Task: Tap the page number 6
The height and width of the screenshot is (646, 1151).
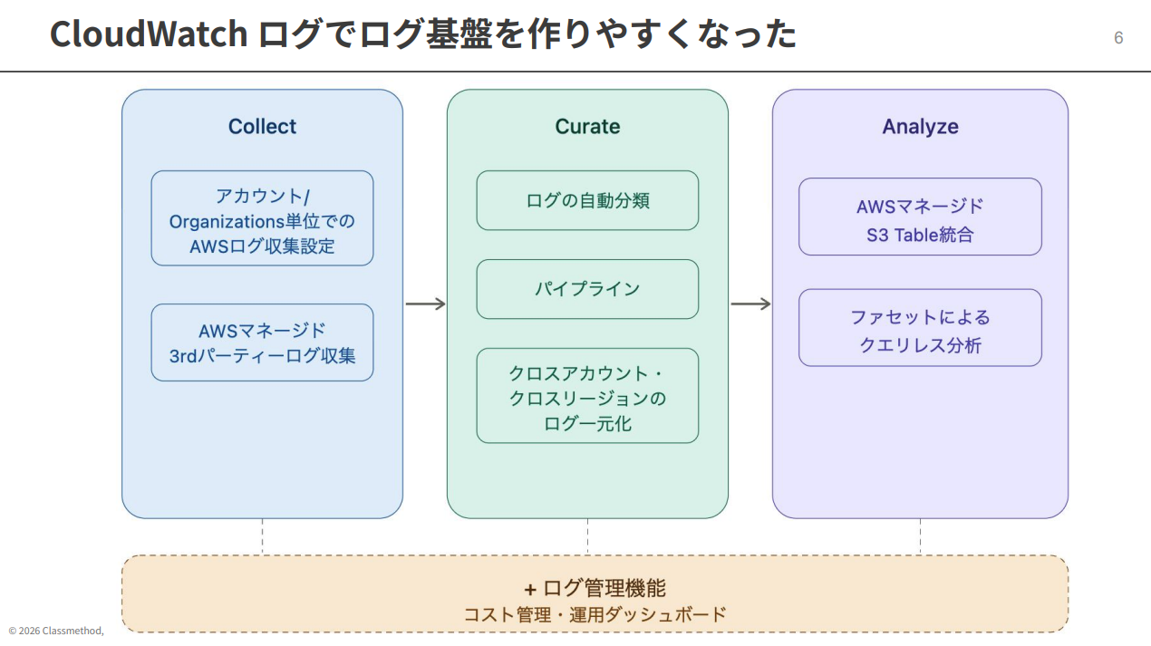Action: click(1118, 38)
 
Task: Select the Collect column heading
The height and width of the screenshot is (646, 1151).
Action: click(262, 127)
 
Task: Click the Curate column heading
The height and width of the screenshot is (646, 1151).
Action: click(587, 127)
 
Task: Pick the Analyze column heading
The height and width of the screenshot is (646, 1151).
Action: click(920, 127)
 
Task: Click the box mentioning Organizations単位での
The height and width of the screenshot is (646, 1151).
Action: click(262, 218)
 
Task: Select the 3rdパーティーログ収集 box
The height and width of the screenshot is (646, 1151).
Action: click(262, 342)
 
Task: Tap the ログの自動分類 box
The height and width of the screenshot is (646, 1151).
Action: click(587, 200)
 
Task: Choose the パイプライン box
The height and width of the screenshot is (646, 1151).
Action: click(587, 289)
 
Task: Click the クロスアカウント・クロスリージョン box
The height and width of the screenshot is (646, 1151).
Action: click(587, 396)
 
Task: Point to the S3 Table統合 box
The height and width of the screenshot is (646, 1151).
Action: click(920, 217)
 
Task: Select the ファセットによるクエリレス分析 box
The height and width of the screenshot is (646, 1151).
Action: click(920, 328)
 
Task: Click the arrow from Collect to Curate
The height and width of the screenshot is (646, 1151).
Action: click(425, 304)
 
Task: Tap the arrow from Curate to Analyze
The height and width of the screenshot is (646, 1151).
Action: click(750, 304)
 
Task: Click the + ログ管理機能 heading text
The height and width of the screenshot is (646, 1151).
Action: click(595, 588)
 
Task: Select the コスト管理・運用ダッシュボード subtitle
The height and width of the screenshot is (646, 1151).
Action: click(595, 614)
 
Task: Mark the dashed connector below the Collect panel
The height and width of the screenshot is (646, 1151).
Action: click(262, 536)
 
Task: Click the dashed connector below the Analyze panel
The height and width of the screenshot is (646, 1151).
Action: click(920, 536)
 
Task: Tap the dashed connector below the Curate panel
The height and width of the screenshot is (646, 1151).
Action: click(587, 536)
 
